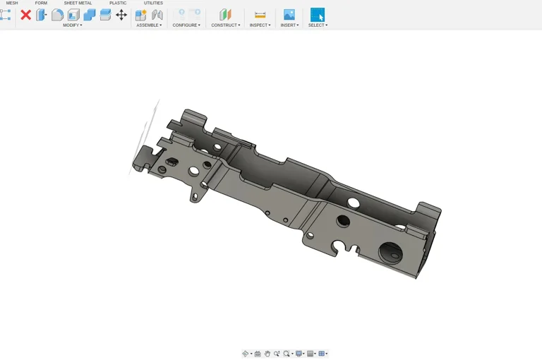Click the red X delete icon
25,15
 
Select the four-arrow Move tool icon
121,15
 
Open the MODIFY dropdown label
72,25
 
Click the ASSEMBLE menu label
148,25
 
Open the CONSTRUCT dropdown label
225,25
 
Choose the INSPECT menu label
260,25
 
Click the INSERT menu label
289,25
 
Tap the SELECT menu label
318,25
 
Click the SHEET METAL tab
78,3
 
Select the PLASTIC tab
118,3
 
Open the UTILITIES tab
153,3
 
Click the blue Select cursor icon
318,15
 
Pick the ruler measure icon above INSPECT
260,15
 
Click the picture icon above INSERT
289,15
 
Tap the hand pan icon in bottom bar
267,354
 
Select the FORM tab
41,3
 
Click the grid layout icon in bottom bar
322,354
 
